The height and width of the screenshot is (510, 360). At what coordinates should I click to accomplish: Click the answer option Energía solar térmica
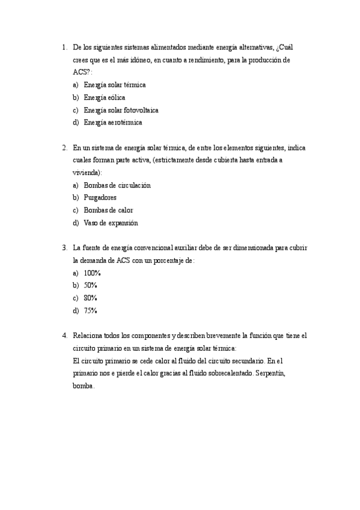pos(114,85)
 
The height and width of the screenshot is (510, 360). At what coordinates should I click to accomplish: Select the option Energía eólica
pos(105,97)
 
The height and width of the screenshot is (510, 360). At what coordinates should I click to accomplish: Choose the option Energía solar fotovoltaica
pos(121,110)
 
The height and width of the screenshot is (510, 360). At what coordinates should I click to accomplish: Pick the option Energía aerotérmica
pos(113,123)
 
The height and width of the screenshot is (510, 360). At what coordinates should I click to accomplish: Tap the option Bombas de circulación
pos(117,185)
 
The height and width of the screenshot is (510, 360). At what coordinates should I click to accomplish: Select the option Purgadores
pos(100,197)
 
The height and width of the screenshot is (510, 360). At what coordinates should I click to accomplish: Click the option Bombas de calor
pos(108,210)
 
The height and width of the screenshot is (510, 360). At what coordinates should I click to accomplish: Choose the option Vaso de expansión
pos(111,223)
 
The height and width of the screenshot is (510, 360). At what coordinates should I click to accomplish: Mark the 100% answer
pos(93,273)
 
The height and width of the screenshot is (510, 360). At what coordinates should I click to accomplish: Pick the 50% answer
pos(91,285)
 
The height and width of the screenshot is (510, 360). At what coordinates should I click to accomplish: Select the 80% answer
pos(91,298)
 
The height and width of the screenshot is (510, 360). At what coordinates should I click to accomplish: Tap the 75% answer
pos(91,310)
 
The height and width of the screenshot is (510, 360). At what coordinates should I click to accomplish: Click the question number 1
pos(64,47)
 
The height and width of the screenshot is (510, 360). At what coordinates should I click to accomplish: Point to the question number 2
pos(64,147)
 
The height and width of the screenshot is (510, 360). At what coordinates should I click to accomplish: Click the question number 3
pos(64,247)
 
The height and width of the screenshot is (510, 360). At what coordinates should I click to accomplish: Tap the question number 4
pos(64,335)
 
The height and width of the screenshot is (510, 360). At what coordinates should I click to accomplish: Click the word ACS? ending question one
pos(82,72)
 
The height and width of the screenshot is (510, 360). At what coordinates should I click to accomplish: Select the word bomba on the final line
pos(83,386)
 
